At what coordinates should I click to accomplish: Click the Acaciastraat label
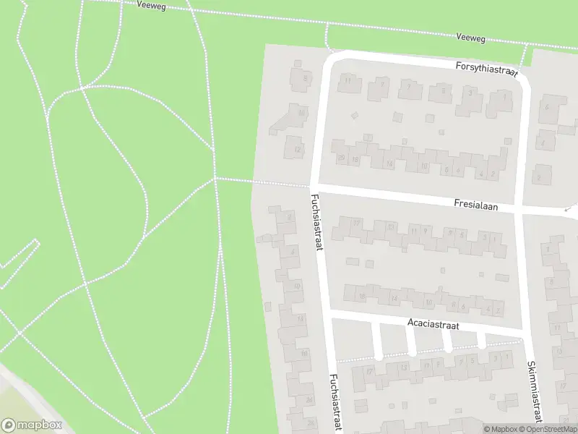pos(433,323)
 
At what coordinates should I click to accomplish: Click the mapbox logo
pos(32,425)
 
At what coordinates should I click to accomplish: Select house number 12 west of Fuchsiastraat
pos(296,150)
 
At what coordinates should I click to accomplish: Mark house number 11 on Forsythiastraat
pos(348,80)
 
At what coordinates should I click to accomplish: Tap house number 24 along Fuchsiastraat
pos(309,399)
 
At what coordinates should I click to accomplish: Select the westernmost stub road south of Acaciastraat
pos(376,340)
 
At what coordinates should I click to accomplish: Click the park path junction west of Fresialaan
pos(215,177)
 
